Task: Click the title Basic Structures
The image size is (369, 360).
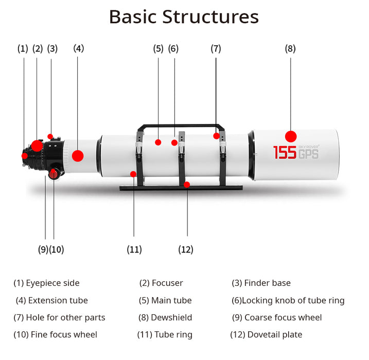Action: pos(184,16)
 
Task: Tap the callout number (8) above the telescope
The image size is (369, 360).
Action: pos(290,49)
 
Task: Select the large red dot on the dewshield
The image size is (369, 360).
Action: pos(291,136)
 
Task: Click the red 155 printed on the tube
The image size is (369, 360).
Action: pos(284,152)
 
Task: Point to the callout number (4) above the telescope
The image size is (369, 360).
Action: pos(78,49)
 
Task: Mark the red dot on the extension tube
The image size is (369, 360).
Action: pos(78,155)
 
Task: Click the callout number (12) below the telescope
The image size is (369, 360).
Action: pos(186,249)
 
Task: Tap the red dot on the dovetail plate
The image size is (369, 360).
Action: pos(187,185)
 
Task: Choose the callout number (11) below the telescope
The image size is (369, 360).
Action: pos(134,249)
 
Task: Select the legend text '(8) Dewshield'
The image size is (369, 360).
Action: pos(165,317)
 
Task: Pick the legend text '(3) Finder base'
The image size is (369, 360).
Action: pos(261,283)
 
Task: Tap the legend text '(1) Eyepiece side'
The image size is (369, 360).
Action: pos(46,283)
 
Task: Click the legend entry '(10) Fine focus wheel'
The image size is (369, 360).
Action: pos(55,335)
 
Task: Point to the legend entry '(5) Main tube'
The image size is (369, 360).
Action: pos(165,300)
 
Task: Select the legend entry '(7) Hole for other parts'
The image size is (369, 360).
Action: pos(59,317)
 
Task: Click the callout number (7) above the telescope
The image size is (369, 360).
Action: pos(216,49)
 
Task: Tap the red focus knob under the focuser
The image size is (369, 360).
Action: pos(54,174)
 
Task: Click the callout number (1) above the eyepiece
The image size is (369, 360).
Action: pos(23,49)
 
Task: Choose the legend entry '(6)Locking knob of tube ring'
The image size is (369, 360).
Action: pos(288,300)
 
